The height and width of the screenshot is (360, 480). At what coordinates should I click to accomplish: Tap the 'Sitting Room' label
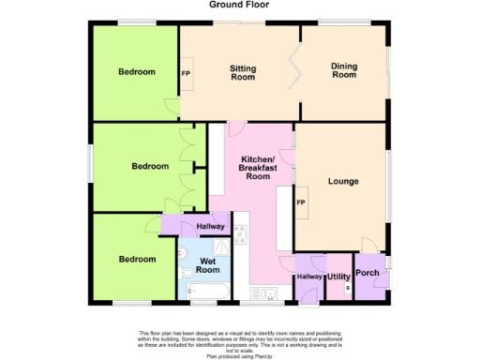point(243,73)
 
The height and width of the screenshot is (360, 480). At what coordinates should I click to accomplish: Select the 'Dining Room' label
point(344,70)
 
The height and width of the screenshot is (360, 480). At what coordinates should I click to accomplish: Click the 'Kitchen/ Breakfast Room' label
point(257,167)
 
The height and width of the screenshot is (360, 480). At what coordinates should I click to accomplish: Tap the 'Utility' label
point(337,277)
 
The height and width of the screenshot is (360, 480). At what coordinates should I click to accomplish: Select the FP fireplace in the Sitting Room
point(186,74)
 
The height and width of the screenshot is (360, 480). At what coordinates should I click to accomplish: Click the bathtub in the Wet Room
point(205,294)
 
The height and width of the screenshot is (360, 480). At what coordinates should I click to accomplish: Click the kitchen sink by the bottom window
point(268,294)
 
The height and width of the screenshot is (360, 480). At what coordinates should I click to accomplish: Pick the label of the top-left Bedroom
point(137,72)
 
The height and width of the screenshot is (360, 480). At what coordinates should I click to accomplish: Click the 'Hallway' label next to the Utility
point(308,277)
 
